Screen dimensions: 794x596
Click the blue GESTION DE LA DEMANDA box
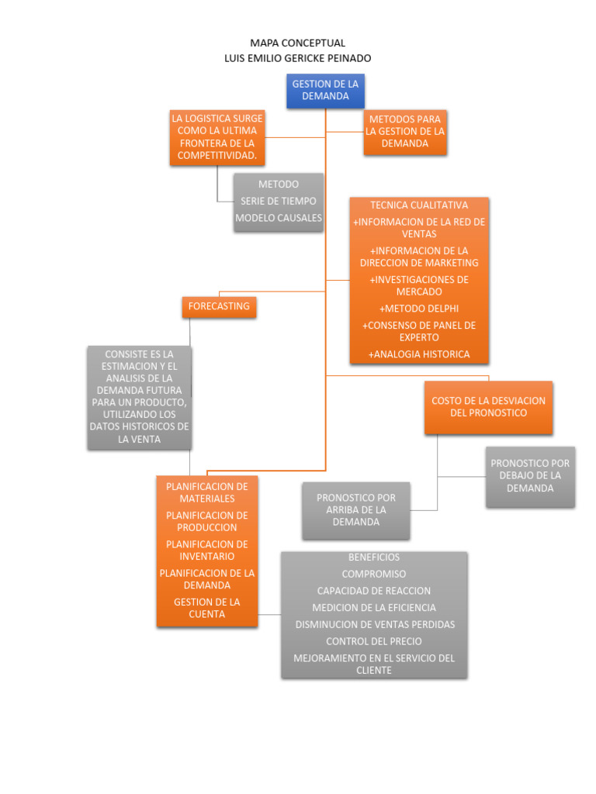[x=325, y=90]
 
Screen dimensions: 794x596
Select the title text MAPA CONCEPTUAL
[x=297, y=43]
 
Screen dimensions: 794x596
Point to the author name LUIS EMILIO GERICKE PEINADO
[x=297, y=58]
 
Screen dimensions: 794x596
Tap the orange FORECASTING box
[x=219, y=306]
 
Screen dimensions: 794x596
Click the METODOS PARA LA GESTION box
[x=405, y=132]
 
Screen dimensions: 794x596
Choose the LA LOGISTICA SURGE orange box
[x=217, y=137]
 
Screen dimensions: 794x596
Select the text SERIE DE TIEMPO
[x=279, y=202]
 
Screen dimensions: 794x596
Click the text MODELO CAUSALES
[x=279, y=218]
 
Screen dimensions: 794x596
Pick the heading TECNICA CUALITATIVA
[x=419, y=205]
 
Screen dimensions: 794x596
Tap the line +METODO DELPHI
[x=419, y=309]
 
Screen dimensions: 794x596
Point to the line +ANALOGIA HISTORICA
[x=419, y=354]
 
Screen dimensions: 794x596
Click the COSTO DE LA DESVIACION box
[x=488, y=407]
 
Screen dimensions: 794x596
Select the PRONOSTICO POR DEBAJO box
[x=530, y=476]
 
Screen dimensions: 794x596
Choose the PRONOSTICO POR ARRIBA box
[x=355, y=510]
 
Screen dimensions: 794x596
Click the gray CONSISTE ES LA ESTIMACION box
[x=139, y=397]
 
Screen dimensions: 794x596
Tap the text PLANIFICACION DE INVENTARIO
[x=207, y=551]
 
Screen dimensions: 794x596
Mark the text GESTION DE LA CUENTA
[x=207, y=608]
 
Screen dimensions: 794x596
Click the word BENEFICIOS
[x=374, y=558]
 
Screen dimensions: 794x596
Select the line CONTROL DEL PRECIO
[x=374, y=641]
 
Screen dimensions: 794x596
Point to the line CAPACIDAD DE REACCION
[x=374, y=591]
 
